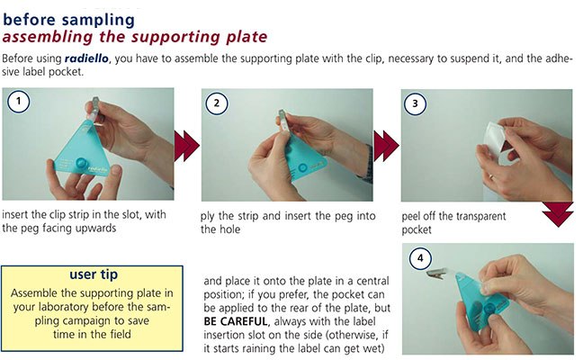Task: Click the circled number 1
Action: (19, 101)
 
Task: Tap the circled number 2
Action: (217, 103)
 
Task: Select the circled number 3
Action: (416, 103)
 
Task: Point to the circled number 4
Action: (420, 257)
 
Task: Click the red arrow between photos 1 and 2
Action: (187, 146)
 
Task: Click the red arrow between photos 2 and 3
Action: (386, 146)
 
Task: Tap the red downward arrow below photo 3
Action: (558, 214)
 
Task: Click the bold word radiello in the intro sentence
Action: (86, 58)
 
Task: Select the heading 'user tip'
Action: (94, 274)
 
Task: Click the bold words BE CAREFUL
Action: (236, 321)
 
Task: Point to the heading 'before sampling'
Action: (68, 20)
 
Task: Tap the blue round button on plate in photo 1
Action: (81, 163)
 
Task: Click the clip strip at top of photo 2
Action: (283, 120)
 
